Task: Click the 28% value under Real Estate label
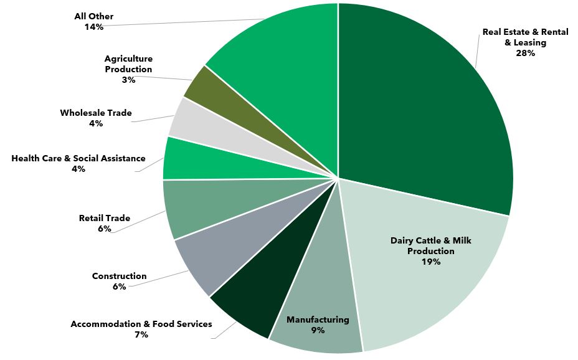coord(525,54)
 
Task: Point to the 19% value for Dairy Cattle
coord(430,262)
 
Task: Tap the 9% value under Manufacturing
coord(318,330)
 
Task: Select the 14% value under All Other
coord(93,27)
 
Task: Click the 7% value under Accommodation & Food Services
coord(141,334)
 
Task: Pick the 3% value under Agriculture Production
coord(128,80)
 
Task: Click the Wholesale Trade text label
coord(96,113)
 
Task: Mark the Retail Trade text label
coord(105,218)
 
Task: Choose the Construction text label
coord(119,276)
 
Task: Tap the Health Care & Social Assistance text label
coord(78,158)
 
